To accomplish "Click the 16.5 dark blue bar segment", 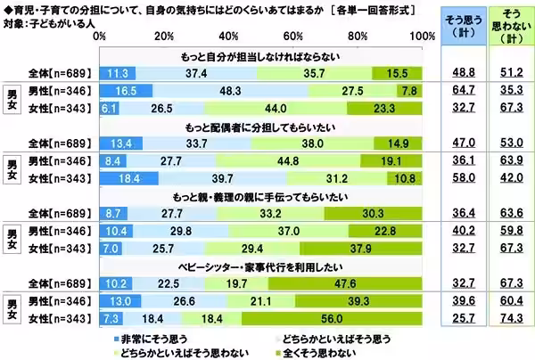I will coord(126,91).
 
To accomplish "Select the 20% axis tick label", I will coord(165,36).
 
